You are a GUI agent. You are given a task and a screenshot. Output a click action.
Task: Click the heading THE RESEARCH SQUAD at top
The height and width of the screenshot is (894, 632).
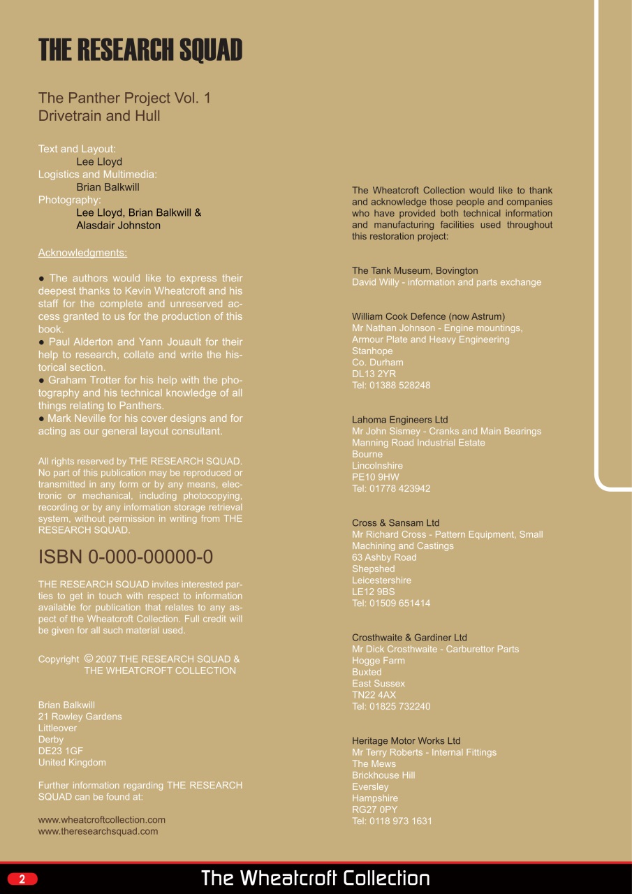140,50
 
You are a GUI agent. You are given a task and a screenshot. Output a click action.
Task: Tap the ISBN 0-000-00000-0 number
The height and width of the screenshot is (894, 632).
126,557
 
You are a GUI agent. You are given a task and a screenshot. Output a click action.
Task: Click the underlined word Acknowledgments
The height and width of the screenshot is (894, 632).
82,253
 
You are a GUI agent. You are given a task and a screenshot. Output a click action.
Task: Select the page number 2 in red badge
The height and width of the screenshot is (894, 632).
22,879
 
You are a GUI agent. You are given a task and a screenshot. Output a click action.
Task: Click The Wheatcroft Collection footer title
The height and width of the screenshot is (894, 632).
316,878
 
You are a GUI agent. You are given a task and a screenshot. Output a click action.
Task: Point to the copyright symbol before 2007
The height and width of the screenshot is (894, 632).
89,658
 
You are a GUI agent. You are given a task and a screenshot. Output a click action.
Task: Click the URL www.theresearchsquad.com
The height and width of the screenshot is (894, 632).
98,831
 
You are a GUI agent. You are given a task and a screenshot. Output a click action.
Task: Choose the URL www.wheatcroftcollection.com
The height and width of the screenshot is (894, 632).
102,820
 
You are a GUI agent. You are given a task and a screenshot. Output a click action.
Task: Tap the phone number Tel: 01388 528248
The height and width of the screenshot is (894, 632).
391,386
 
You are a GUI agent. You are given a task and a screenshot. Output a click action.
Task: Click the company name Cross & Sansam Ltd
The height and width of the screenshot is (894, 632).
396,523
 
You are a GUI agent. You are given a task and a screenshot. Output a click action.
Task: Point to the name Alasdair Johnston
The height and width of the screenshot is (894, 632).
118,226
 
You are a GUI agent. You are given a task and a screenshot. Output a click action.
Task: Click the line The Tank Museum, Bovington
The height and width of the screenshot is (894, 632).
415,271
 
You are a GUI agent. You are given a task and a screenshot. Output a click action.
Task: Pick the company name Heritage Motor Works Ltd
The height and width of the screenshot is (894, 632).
406,741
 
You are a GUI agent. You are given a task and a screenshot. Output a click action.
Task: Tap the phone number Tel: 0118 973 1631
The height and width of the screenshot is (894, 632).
392,821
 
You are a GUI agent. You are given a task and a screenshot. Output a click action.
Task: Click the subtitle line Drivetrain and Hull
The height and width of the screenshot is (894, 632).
99,116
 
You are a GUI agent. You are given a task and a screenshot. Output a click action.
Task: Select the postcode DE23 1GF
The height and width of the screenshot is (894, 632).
61,751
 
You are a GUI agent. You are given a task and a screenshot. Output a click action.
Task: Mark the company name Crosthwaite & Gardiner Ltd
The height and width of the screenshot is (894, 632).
409,638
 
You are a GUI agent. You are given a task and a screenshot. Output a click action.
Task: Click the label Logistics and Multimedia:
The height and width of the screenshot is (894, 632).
97,175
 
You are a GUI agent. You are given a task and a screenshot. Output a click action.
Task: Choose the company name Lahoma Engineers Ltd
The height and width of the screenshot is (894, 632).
400,420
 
